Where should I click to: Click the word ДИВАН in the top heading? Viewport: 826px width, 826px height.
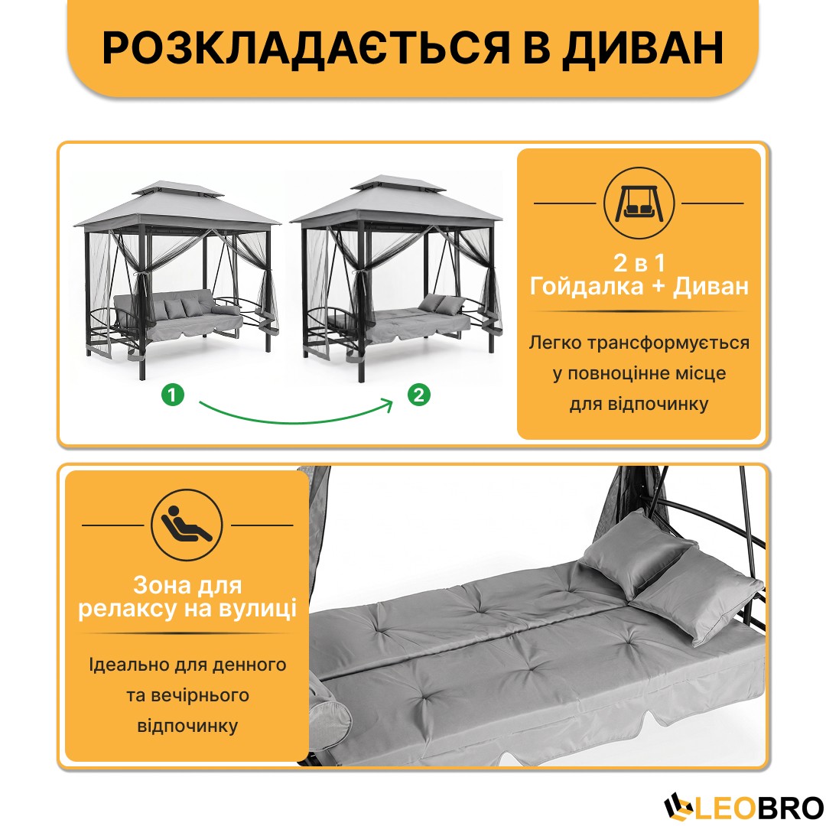click(642, 48)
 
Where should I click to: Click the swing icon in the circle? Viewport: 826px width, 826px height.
click(639, 203)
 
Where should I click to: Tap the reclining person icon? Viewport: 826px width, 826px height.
click(187, 525)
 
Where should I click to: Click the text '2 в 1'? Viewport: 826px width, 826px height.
click(639, 262)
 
